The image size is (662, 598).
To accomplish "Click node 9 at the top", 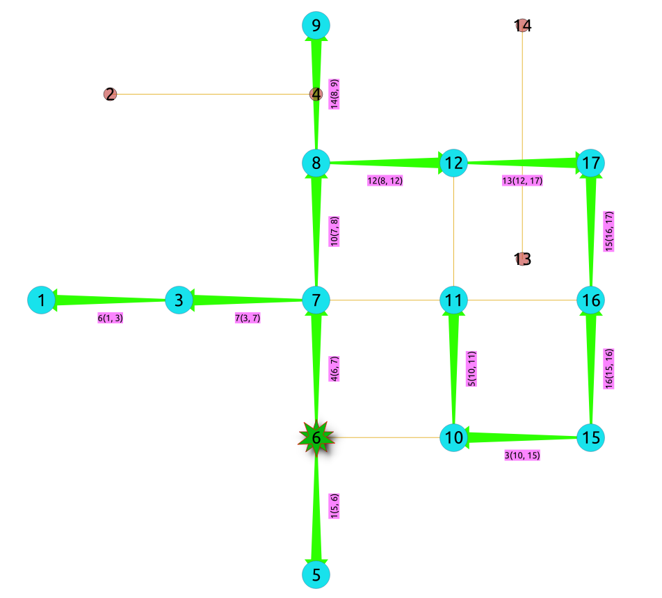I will point(316,26).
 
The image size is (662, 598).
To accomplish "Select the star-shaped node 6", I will point(316,437).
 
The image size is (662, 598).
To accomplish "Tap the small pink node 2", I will point(110,94).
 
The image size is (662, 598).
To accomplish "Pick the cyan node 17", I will point(591,163).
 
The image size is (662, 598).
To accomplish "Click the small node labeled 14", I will point(522,26).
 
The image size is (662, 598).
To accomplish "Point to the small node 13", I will point(522,259).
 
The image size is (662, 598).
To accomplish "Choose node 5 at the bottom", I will point(316,574).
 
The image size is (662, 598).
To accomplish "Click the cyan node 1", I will point(41,300).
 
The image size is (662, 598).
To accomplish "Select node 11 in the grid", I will point(453,300).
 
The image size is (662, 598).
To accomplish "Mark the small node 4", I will point(316,94).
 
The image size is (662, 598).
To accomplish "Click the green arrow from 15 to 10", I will point(522,437).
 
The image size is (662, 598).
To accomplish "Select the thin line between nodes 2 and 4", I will point(209,94).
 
